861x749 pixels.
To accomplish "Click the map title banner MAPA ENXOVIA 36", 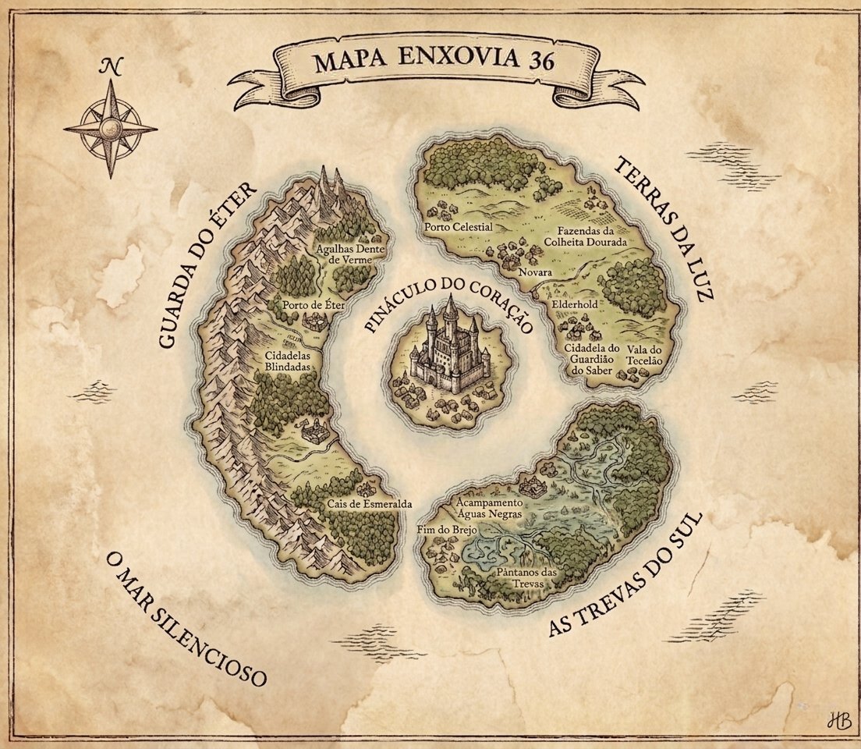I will pos(434,62).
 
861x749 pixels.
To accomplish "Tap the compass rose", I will pos(110,128).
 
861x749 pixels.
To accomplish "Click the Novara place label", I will pos(536,273).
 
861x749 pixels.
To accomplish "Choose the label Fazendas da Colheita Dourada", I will pos(592,237).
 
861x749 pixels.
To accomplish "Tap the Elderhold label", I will pos(574,304).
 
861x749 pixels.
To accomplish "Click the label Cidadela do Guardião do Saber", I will pos(593,359).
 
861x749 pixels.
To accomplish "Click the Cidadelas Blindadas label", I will pos(288,360).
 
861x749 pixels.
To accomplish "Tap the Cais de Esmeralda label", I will pos(370,503).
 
